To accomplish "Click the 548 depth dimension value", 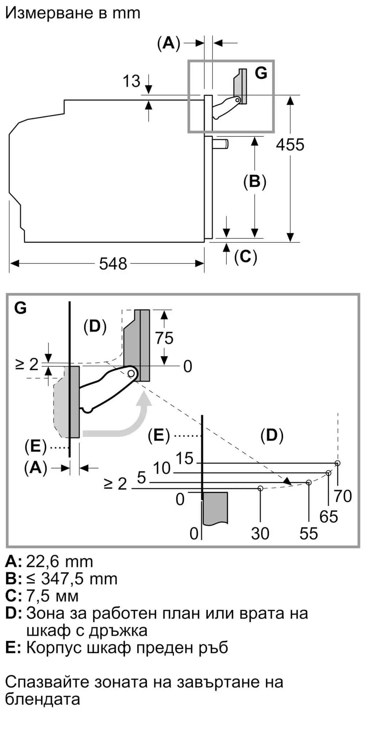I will click(x=113, y=264).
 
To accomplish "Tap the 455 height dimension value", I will click(x=290, y=145).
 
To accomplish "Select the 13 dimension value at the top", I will click(x=131, y=81).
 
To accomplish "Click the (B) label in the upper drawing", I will click(x=254, y=182).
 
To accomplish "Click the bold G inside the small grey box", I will click(x=261, y=73).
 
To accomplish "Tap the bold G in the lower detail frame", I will click(x=20, y=308).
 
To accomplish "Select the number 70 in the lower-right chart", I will click(x=343, y=496).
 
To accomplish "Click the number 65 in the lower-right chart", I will click(x=328, y=516).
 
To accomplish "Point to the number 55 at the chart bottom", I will click(x=308, y=534).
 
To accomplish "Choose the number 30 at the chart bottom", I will click(x=260, y=534).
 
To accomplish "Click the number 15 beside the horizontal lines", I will click(x=184, y=458).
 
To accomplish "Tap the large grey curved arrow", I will click(x=124, y=424).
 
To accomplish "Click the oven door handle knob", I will click(x=221, y=144).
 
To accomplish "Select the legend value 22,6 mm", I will click(x=59, y=561).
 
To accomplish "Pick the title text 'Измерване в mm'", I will click(x=73, y=13).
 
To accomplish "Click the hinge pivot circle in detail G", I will click(x=131, y=373).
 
